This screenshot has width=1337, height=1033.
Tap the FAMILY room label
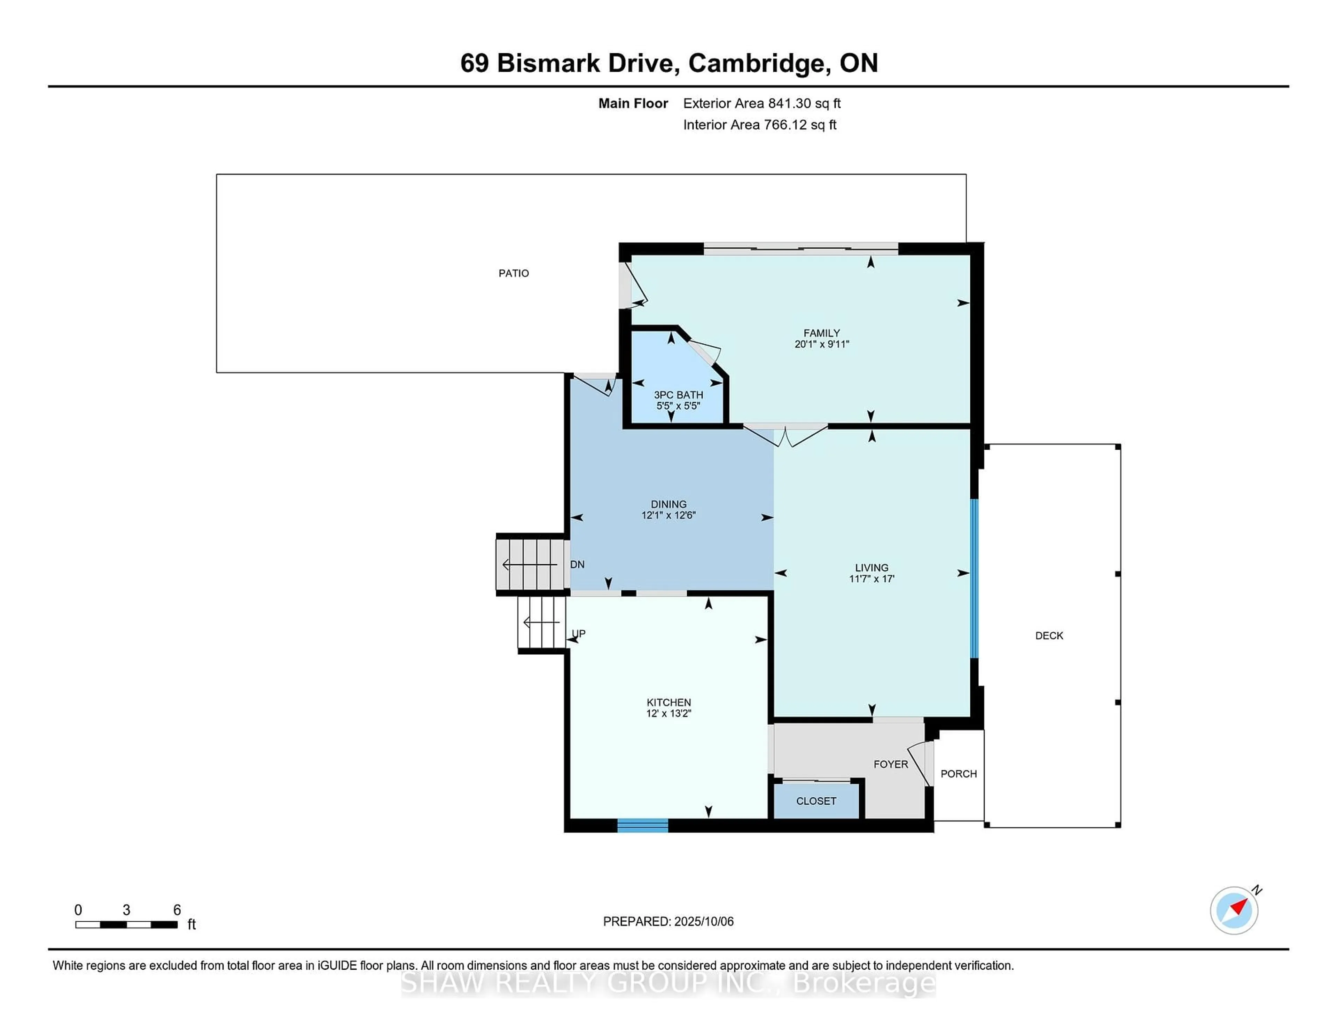(822, 333)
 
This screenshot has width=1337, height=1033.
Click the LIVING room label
(872, 568)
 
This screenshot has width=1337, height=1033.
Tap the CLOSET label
(816, 801)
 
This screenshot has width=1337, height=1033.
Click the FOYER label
(891, 764)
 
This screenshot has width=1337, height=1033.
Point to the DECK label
(1049, 636)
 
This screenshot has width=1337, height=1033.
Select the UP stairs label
(579, 633)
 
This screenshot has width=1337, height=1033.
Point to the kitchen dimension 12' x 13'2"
(668, 713)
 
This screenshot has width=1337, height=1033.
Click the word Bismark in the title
(548, 63)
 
